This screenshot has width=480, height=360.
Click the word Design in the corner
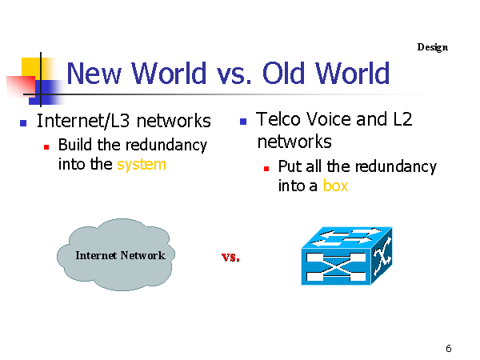(432, 47)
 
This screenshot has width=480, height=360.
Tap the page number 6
(449, 348)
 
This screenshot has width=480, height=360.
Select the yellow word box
(335, 186)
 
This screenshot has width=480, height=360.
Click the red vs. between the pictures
(230, 257)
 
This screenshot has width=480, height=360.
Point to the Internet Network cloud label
(120, 255)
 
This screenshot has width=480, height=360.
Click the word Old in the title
(283, 73)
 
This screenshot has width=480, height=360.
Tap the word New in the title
(94, 73)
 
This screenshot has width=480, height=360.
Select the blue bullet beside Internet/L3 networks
(23, 123)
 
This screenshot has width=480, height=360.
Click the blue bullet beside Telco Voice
(243, 122)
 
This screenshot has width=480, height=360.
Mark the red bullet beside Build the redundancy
(46, 147)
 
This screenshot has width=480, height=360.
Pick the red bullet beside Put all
(266, 169)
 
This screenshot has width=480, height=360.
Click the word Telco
(278, 119)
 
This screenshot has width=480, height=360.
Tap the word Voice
(329, 119)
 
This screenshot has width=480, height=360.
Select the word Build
(75, 145)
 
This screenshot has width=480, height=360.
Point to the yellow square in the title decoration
(30, 67)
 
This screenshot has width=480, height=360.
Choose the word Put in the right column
(290, 167)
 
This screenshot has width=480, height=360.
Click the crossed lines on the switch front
(336, 266)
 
